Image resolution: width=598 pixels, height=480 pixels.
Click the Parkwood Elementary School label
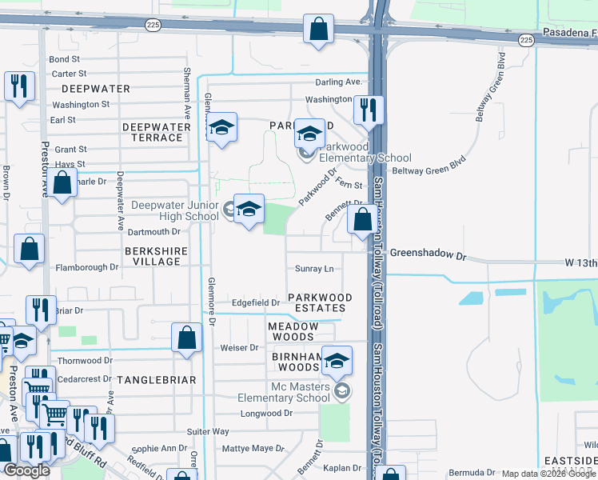coord(365,152)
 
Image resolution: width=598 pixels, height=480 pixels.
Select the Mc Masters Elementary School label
coord(278,392)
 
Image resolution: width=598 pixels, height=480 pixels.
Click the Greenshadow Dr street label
coord(427,254)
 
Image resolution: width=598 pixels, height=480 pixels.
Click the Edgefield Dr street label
coord(256,303)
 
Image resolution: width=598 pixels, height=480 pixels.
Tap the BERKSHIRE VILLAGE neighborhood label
coord(153,256)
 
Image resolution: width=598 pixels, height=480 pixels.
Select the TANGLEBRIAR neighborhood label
coord(157,380)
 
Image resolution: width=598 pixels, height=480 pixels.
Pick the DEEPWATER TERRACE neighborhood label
coord(153,132)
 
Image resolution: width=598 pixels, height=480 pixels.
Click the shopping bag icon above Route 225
coord(318,29)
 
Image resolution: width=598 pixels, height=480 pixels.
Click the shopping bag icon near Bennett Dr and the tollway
coord(362,218)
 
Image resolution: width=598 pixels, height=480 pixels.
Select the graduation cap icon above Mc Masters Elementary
coord(337,361)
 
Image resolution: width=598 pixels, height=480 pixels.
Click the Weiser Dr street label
coord(240,347)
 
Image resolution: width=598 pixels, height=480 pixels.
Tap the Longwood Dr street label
coord(267,414)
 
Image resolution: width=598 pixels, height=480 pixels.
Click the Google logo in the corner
coord(26,470)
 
